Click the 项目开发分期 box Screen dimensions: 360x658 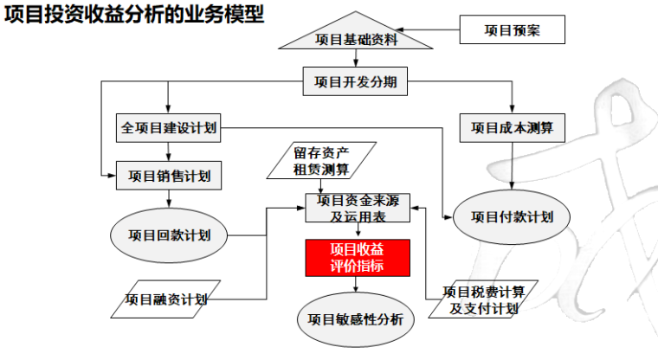coord(355,82)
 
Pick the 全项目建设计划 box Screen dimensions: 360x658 coord(169,128)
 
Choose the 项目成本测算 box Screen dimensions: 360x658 coord(512,128)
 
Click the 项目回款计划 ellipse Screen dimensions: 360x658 coord(169,235)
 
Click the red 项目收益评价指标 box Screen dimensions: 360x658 coord(357,258)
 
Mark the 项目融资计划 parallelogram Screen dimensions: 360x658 coord(165,299)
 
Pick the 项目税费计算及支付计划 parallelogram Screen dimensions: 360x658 coord(483,299)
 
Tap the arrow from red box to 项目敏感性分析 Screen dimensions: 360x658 coord(357,283)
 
